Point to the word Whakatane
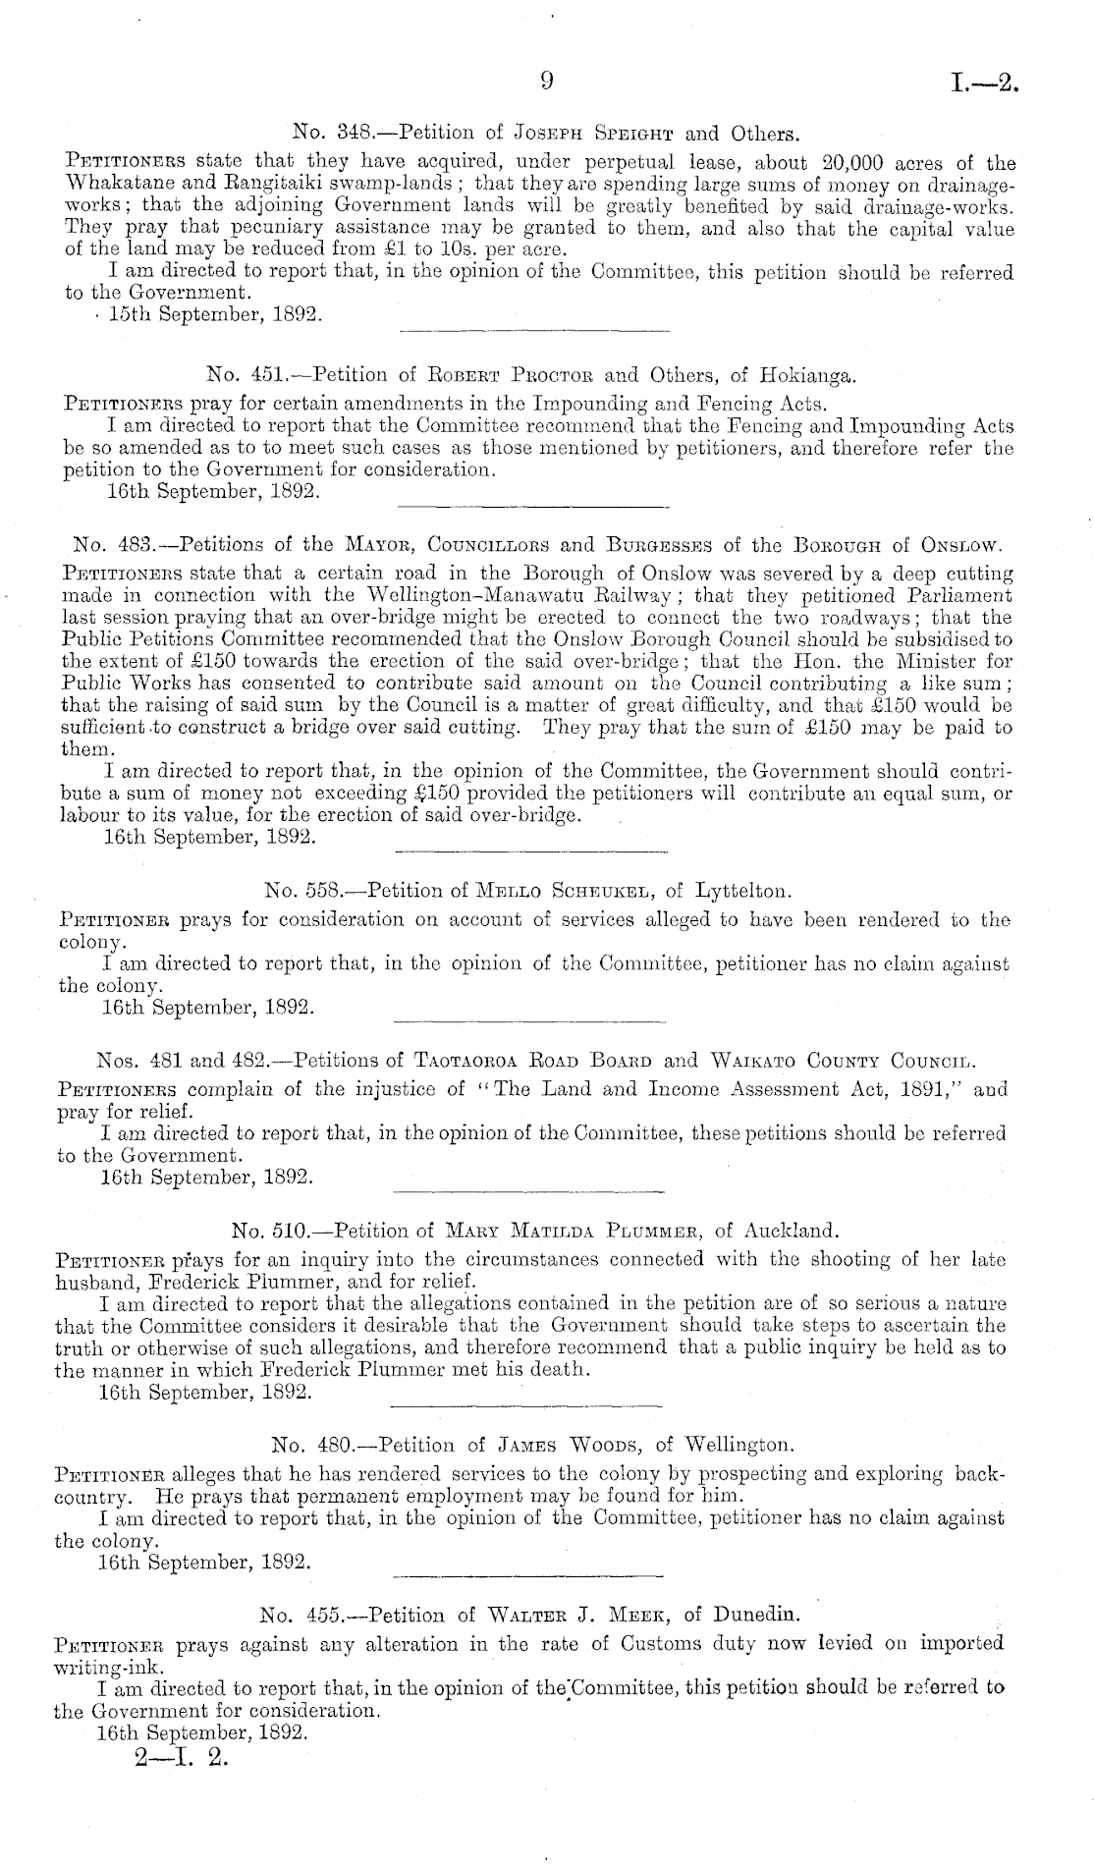tap(111, 184)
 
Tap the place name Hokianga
tap(804, 373)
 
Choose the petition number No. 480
tap(304, 1445)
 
